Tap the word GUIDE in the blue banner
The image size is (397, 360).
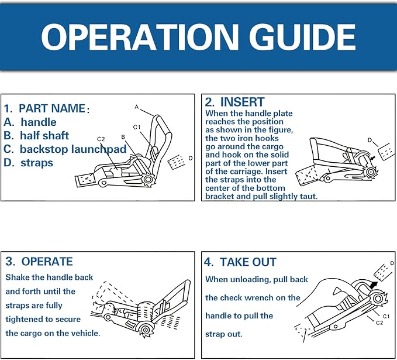tap(302, 37)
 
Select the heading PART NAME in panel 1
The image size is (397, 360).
tap(52, 108)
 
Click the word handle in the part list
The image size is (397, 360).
tap(39, 122)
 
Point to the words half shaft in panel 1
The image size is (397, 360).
tap(44, 136)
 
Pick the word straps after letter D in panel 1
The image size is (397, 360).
tap(37, 163)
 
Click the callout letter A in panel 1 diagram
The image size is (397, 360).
tap(137, 107)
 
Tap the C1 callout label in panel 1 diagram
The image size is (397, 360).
tap(137, 127)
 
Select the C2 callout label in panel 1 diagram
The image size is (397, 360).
tap(101, 139)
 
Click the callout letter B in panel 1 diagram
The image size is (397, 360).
tap(123, 137)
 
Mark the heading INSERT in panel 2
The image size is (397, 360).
tap(242, 102)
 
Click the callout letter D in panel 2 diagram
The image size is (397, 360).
tap(370, 140)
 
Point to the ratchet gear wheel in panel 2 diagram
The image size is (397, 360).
tap(370, 173)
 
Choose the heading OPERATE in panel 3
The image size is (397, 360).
tap(47, 262)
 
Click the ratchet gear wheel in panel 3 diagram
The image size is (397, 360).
tap(145, 330)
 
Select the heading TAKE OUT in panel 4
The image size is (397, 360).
tap(248, 262)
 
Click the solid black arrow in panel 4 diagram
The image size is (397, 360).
tap(373, 284)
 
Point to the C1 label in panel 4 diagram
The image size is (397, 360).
tap(386, 316)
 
